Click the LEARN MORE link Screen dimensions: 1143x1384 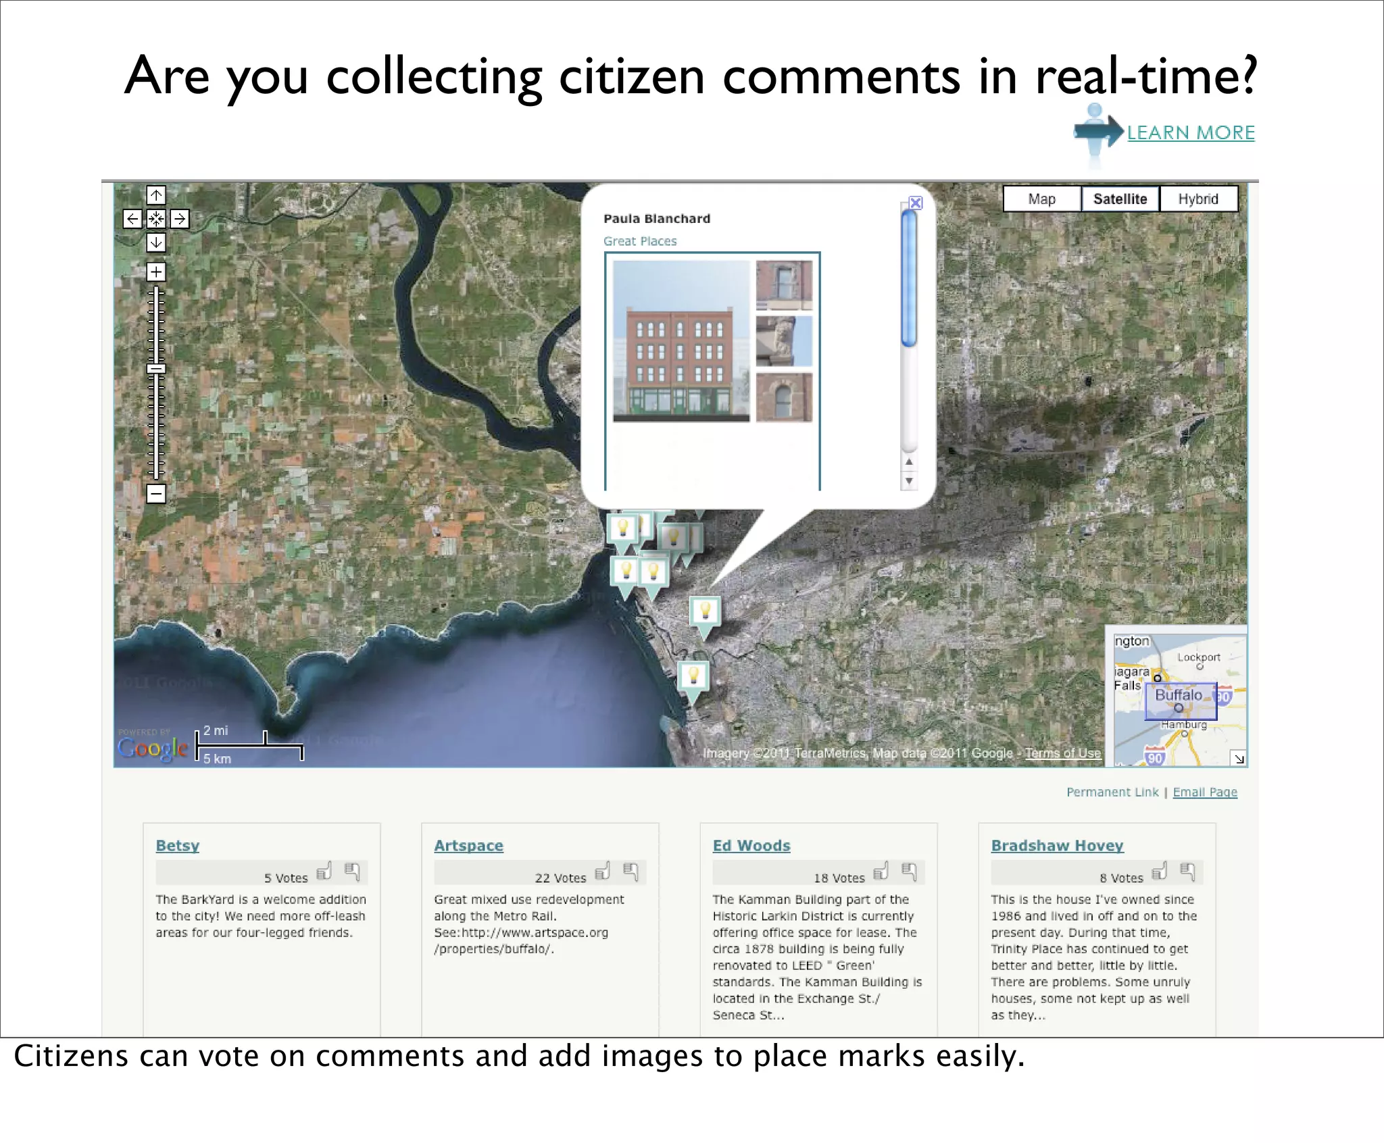(x=1190, y=132)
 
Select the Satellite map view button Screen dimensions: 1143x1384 (x=1120, y=199)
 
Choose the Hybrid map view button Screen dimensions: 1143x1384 (x=1198, y=199)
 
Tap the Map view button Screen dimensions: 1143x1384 (x=1041, y=199)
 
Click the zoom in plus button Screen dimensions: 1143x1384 (x=156, y=272)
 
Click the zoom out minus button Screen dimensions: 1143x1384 (x=156, y=493)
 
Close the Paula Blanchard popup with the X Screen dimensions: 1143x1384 (x=916, y=203)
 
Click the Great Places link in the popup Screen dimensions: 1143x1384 (x=640, y=241)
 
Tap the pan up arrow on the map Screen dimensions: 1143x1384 (x=156, y=195)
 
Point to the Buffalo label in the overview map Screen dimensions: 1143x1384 (x=1179, y=695)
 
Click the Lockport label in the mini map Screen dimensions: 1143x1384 (x=1199, y=657)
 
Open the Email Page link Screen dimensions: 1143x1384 (x=1205, y=792)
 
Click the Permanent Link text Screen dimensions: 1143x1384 (x=1112, y=792)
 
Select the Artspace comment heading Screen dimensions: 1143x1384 (x=468, y=846)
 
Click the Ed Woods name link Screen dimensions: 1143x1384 (x=751, y=846)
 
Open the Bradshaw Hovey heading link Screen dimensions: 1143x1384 (x=1057, y=846)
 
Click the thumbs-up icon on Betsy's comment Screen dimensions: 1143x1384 (x=324, y=871)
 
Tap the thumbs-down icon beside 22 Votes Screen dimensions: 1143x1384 (x=631, y=871)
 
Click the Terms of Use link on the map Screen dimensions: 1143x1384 (x=1062, y=753)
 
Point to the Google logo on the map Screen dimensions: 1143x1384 (x=153, y=748)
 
